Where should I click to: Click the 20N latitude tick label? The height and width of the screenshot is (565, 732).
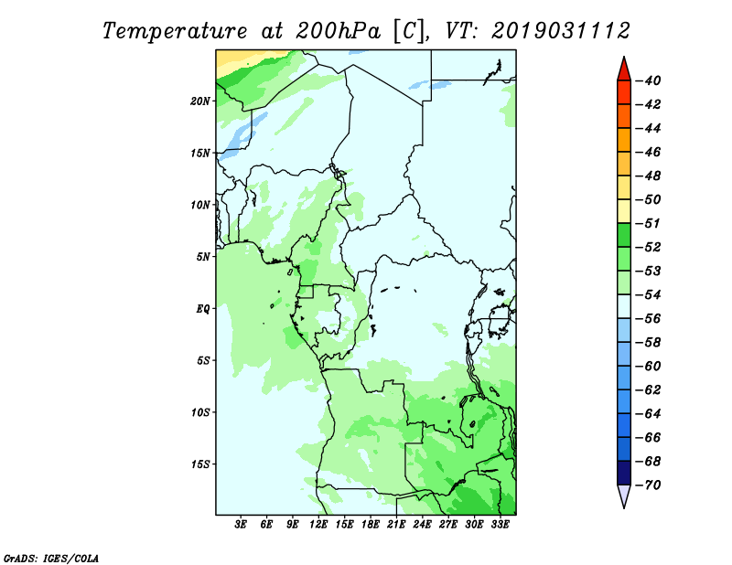coord(200,101)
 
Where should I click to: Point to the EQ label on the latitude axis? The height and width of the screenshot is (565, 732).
coord(202,309)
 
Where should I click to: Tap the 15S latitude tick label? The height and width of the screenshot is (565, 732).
coord(201,464)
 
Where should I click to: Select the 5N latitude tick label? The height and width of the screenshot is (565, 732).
coord(203,257)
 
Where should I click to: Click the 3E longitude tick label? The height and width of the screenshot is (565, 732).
coord(241,524)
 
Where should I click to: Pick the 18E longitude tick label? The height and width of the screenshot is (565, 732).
coord(371,524)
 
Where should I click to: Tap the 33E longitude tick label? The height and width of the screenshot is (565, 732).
coord(500,524)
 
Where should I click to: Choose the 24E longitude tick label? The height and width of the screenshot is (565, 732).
coord(422,524)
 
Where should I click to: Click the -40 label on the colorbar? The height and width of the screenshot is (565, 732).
coord(648,80)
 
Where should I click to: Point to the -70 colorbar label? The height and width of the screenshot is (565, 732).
coord(648,485)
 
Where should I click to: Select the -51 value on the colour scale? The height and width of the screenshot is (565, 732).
coord(648,223)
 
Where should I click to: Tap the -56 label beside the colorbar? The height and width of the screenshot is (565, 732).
coord(648,319)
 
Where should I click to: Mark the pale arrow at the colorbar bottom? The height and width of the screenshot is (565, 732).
coord(624,495)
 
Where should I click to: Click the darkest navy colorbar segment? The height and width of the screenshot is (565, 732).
coord(624,473)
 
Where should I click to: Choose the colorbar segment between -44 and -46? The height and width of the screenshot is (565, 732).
coord(624,140)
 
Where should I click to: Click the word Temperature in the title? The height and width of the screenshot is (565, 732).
coord(174,31)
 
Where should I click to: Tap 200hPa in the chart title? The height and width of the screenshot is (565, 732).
coord(338,31)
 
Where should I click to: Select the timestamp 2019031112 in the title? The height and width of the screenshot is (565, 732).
coord(561,31)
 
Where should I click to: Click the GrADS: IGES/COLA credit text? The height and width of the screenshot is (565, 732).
coord(51,559)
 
